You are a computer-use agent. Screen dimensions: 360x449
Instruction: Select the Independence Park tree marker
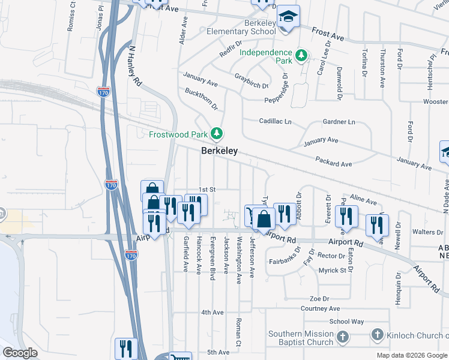coord(301,56)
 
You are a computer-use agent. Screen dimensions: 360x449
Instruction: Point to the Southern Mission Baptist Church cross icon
coord(342,337)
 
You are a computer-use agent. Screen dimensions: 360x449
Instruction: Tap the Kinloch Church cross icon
coord(377,334)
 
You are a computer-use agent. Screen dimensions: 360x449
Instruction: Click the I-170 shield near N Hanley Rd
coord(103,92)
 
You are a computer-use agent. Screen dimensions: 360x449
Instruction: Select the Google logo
coord(20,353)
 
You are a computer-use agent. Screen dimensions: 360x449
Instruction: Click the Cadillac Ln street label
coord(275,121)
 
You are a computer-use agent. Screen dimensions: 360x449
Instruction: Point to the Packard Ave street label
coord(334,161)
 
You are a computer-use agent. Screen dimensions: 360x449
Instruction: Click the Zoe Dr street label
coord(319,298)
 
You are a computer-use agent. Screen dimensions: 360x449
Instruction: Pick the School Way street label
coord(346,322)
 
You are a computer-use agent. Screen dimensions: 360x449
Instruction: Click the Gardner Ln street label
coord(339,122)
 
